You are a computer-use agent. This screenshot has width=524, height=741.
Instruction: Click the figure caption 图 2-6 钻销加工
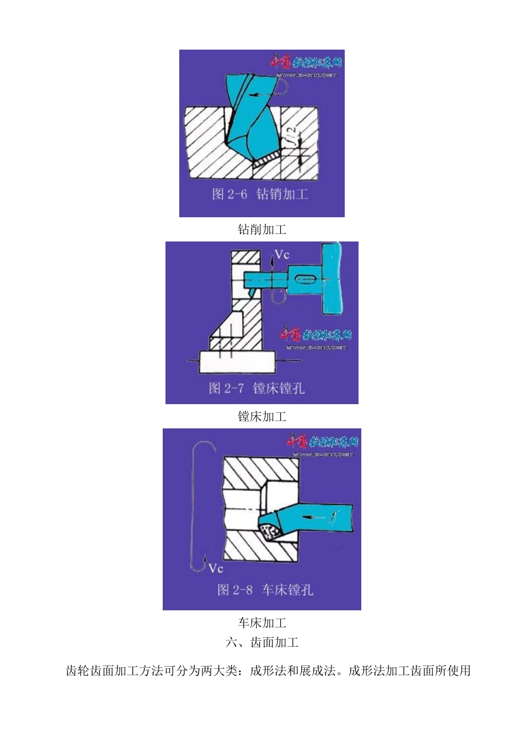pos(260,194)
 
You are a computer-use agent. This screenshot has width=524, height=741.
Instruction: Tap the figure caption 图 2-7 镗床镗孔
pos(256,388)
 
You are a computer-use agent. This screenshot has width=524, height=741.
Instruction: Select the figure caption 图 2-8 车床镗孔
pos(265,590)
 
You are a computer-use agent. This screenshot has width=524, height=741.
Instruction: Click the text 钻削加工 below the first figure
pos(262,229)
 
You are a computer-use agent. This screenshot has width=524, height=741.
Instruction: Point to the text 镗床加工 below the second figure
pos(262,416)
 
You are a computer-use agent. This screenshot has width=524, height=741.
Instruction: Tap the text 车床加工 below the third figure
pos(262,623)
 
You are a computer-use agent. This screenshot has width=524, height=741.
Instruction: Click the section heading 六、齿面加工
pos(262,642)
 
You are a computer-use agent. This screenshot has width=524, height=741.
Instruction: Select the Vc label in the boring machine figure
pos(282,255)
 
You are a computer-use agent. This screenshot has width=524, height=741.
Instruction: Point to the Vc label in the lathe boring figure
pos(216,568)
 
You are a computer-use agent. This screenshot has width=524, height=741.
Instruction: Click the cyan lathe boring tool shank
pos(317,517)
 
